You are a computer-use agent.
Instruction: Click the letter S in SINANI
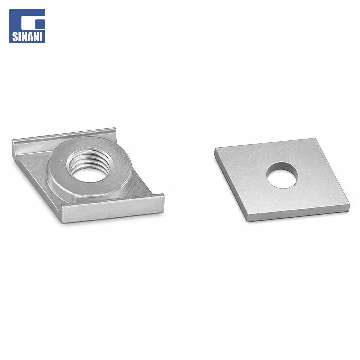[14, 37]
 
